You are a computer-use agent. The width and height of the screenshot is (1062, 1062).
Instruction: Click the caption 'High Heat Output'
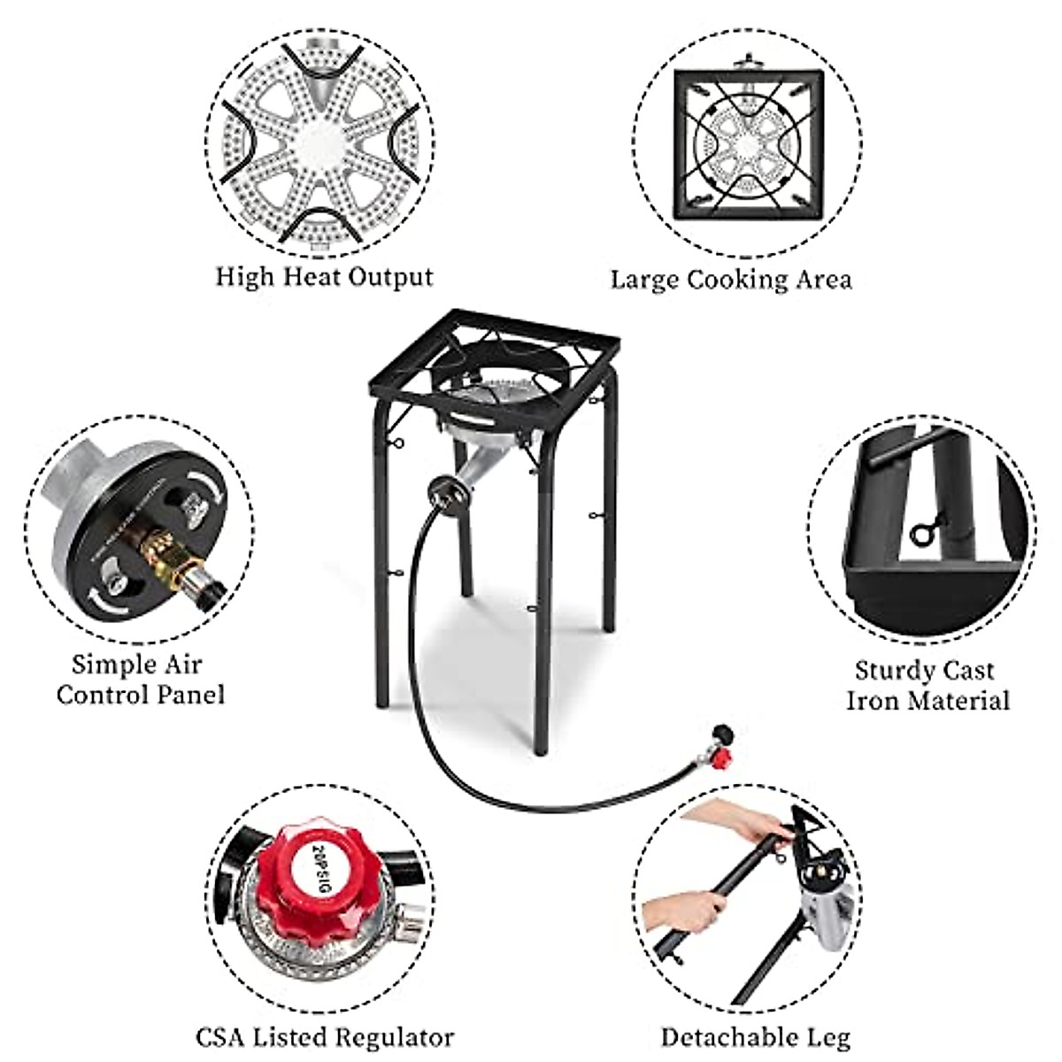click(x=324, y=277)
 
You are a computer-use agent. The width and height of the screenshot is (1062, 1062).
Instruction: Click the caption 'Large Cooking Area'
click(x=731, y=280)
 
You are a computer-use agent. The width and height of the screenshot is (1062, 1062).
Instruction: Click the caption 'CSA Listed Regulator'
click(x=325, y=1036)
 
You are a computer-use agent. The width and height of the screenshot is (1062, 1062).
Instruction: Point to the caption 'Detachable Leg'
click(x=755, y=1036)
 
